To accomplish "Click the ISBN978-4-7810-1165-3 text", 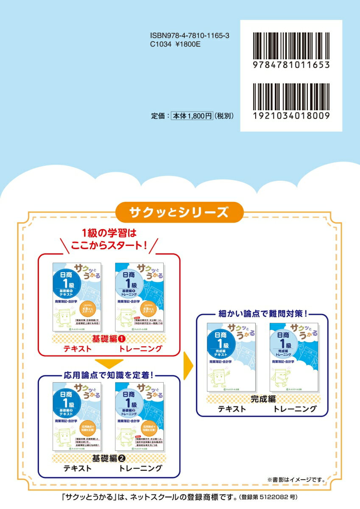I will [x=190, y=37].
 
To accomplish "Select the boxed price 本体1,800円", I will [x=192, y=115].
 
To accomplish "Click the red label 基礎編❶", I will [x=109, y=339].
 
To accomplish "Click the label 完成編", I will [x=262, y=399].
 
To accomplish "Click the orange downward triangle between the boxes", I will [x=109, y=364].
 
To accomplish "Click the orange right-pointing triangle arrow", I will [x=188, y=366].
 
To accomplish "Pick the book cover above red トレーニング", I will [x=140, y=297].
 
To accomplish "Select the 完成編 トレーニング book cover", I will [x=294, y=357].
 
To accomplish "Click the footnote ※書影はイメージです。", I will [x=296, y=480].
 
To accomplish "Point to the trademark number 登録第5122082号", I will [x=271, y=496].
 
